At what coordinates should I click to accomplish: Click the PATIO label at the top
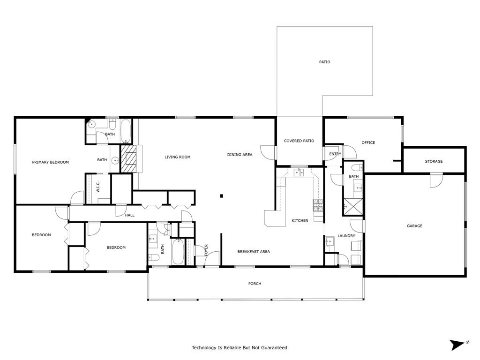tap(324, 62)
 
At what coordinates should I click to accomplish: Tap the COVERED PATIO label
tap(299, 141)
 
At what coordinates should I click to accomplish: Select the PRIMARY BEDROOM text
tap(50, 162)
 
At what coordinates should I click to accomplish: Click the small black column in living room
tap(222, 196)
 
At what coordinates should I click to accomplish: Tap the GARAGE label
tap(414, 226)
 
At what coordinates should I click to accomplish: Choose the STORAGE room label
tap(434, 162)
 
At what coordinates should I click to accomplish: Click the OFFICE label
tap(368, 143)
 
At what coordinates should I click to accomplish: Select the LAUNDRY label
tap(346, 236)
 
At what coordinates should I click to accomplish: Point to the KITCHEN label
tap(300, 221)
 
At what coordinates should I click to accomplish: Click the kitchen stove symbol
tap(318, 205)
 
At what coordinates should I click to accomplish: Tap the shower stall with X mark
tap(352, 206)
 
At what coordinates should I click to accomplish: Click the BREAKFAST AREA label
tap(253, 252)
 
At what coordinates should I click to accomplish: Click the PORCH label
tap(255, 284)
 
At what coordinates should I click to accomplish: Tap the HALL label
tap(130, 215)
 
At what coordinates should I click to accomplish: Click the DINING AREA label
tap(240, 155)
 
